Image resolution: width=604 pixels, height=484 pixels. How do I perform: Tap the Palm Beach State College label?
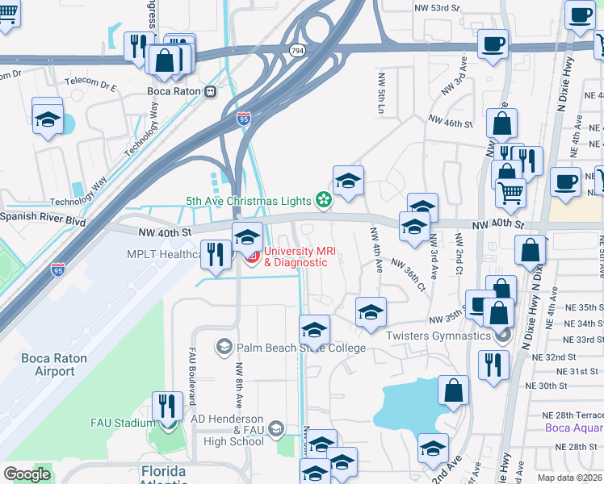(x=300, y=348)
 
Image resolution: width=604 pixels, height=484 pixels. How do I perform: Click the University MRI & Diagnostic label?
(x=300, y=257)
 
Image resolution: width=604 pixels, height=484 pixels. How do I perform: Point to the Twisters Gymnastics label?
(x=438, y=336)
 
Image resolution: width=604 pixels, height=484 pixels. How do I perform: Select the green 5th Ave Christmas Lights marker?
(x=324, y=199)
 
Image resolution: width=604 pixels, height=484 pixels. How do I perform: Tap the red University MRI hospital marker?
(x=251, y=257)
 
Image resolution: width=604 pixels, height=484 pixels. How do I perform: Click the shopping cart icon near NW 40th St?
(x=510, y=191)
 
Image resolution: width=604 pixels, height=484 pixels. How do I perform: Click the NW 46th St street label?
(x=450, y=122)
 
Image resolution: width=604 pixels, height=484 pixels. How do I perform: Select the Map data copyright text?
(x=570, y=478)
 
